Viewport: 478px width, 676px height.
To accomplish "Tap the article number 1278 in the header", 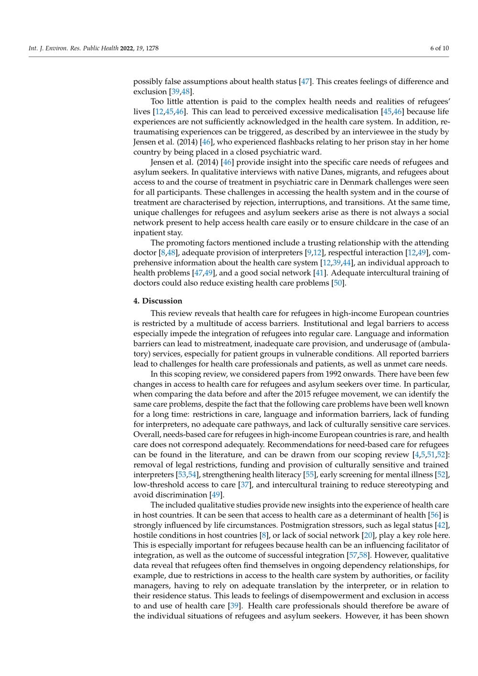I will pos(152,48).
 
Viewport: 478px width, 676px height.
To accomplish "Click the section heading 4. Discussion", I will pos(158,301).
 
